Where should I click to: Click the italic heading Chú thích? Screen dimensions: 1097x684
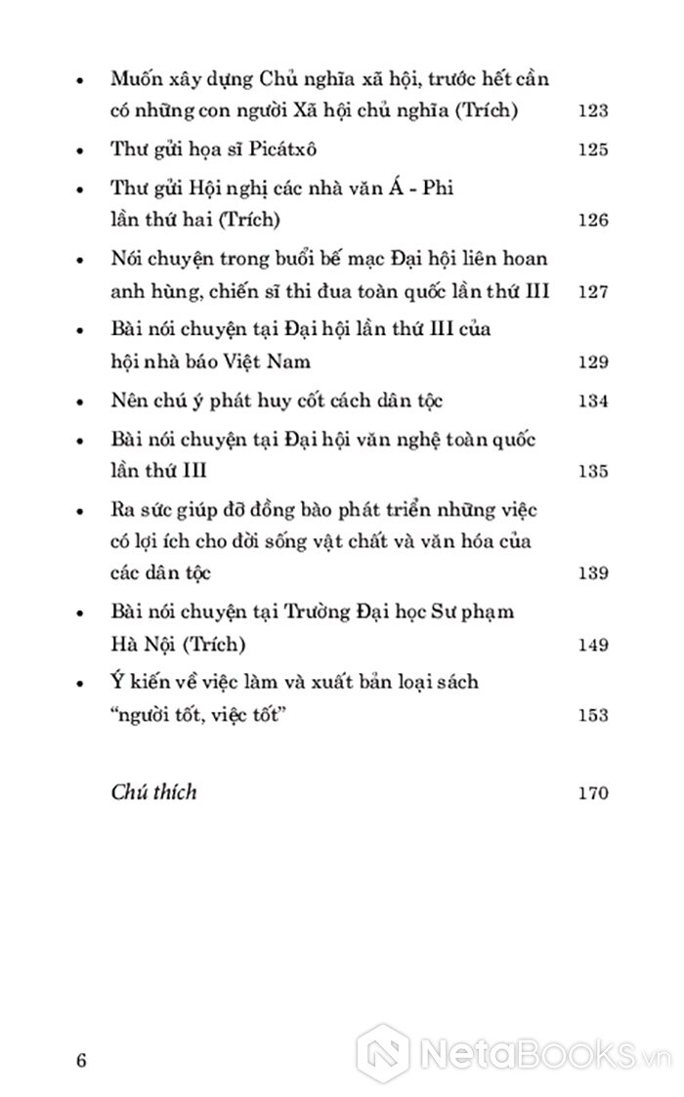click(x=154, y=791)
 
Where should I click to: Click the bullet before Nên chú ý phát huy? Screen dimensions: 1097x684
click(x=77, y=401)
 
